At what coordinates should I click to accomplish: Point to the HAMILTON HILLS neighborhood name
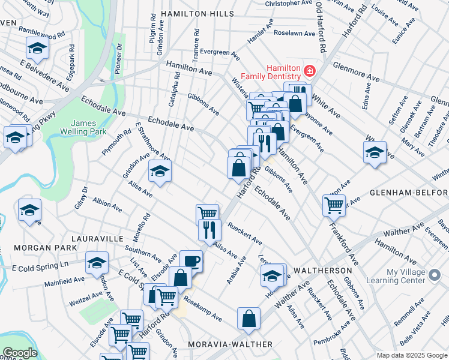coord(193,13)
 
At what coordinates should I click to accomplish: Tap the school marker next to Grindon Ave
coord(160,171)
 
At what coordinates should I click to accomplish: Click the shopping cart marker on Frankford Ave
coord(334,205)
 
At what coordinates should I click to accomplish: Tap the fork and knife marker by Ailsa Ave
coord(209,230)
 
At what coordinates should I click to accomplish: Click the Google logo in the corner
coord(20,353)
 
